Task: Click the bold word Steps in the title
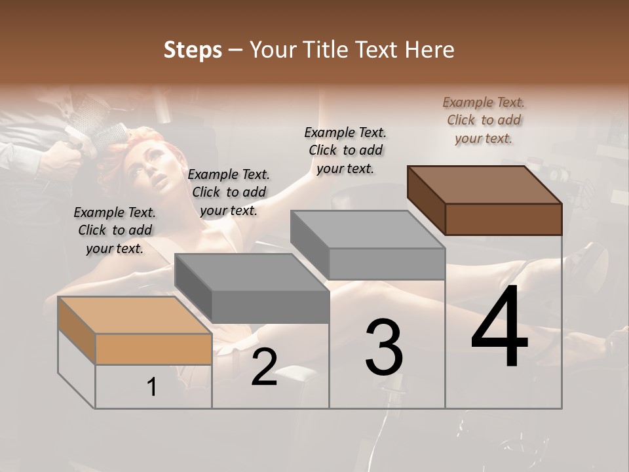[x=193, y=50]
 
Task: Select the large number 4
[x=499, y=328]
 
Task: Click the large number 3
[x=384, y=347]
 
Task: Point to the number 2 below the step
[x=264, y=367]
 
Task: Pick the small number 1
[x=152, y=387]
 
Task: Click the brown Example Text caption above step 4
[x=484, y=120]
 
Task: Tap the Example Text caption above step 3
[x=346, y=150]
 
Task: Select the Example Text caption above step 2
[x=229, y=192]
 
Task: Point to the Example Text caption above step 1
[x=115, y=230]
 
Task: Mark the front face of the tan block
[x=153, y=349]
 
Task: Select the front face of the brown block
[x=503, y=219]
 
